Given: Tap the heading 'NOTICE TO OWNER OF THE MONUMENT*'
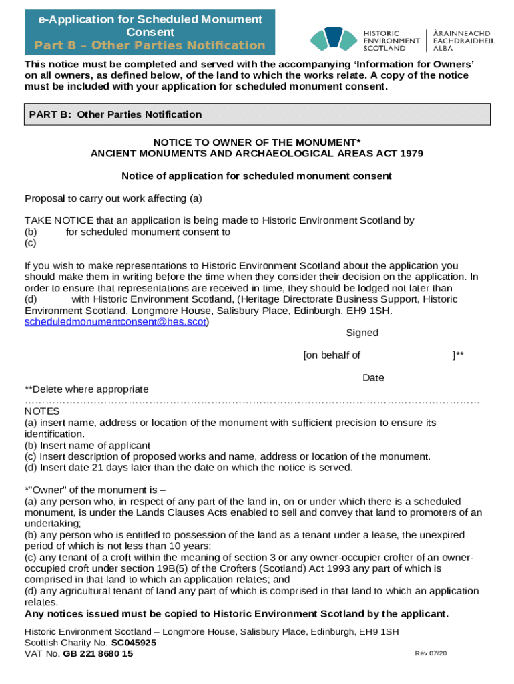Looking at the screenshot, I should (x=257, y=142).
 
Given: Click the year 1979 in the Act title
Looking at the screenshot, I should (x=411, y=153).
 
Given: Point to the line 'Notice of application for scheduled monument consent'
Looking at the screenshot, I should (x=257, y=176).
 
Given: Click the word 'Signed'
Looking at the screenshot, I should (x=362, y=333).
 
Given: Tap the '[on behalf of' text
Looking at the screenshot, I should (x=332, y=355).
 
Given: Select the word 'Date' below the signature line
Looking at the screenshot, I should (x=373, y=378).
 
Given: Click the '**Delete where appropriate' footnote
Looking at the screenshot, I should (x=87, y=389).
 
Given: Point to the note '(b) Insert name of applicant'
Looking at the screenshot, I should (x=87, y=446).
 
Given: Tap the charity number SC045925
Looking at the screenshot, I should (x=134, y=643).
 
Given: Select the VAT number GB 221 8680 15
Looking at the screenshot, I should (x=98, y=654).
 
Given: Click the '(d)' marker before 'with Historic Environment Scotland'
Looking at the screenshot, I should (x=31, y=299).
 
